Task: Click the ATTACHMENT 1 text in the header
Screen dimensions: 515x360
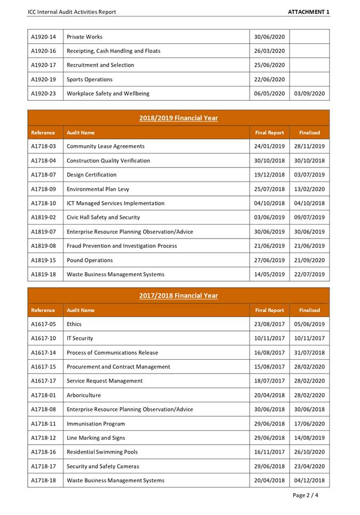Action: point(309,12)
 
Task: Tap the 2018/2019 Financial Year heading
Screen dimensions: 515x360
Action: point(178,118)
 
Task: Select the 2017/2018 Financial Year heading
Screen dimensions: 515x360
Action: point(178,296)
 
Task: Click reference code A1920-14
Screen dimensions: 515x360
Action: point(43,37)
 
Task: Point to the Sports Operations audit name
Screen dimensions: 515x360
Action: point(90,80)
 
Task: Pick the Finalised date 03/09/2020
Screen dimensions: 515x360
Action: point(309,93)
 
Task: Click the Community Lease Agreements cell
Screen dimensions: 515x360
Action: point(106,146)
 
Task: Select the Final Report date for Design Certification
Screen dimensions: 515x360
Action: point(269,175)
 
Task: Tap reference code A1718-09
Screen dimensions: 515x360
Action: point(43,189)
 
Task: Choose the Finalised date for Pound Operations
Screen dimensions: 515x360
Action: point(309,260)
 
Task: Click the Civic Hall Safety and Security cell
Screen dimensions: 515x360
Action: point(103,217)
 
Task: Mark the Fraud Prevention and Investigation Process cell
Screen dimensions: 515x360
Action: point(122,246)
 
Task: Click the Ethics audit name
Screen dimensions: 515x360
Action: point(74,324)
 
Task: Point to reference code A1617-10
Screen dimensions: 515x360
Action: point(43,338)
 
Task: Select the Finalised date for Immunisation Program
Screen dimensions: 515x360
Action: point(309,424)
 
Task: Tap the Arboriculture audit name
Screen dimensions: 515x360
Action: point(84,395)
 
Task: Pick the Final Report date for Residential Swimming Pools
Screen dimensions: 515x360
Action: point(269,452)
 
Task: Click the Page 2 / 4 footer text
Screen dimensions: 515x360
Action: point(306,495)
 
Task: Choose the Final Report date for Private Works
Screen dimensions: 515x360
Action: point(269,37)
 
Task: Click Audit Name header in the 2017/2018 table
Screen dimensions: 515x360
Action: point(81,310)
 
